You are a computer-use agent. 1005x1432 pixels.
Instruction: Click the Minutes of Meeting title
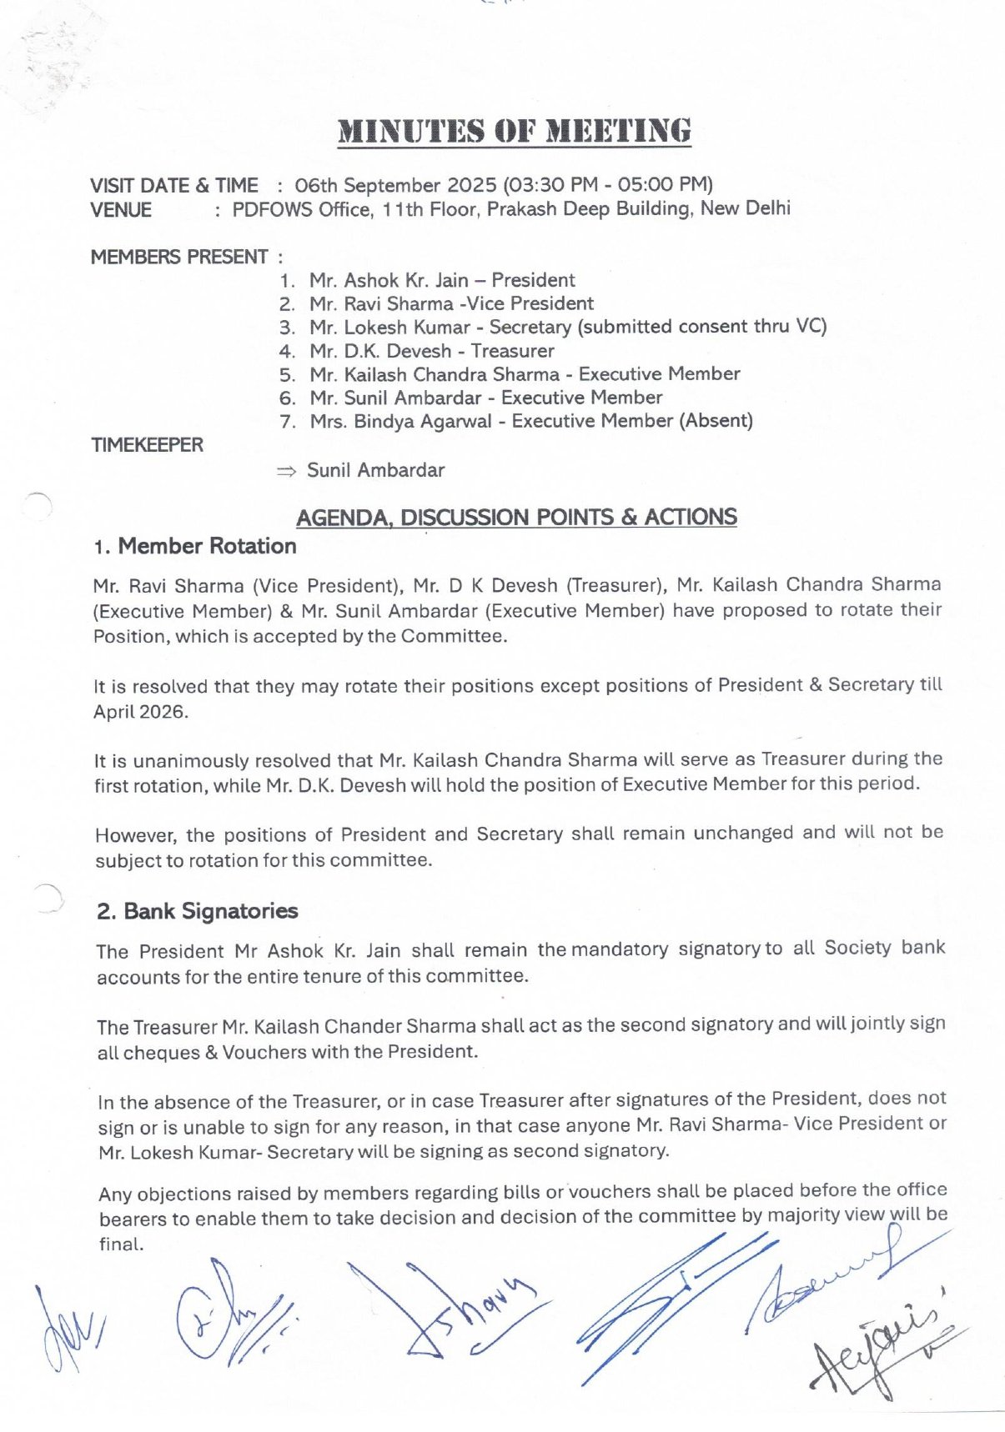pos(514,132)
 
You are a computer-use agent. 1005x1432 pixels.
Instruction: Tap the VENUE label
pos(121,210)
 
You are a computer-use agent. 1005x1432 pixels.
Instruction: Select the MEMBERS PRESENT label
pos(179,257)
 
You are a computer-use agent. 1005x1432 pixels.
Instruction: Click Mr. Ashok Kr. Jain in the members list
pos(389,281)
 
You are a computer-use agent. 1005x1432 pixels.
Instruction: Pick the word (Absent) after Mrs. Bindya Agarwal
pos(716,421)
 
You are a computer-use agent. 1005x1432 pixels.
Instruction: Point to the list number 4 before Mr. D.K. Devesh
pos(287,352)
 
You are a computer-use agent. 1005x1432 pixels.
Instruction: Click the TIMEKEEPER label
pos(148,445)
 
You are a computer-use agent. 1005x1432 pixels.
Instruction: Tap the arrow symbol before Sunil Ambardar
pos(286,472)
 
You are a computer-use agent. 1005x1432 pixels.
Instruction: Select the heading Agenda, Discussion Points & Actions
pos(516,518)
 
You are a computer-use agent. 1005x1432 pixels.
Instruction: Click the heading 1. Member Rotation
pos(195,547)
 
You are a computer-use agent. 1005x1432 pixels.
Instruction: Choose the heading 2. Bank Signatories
pos(197,911)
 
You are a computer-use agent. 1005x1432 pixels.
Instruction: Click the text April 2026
pos(141,713)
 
